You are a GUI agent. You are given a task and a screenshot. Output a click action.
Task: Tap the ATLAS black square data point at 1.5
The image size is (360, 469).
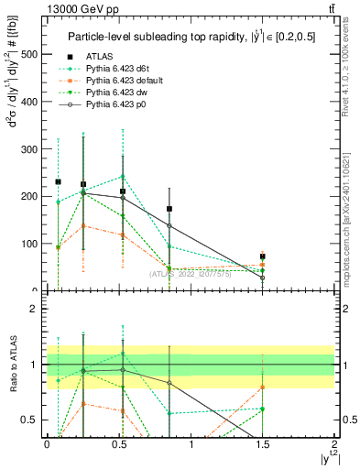click(x=262, y=256)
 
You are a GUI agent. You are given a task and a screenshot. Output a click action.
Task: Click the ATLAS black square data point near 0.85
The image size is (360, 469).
click(x=169, y=209)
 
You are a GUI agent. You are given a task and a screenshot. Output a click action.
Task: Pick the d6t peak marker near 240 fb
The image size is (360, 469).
click(x=123, y=177)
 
